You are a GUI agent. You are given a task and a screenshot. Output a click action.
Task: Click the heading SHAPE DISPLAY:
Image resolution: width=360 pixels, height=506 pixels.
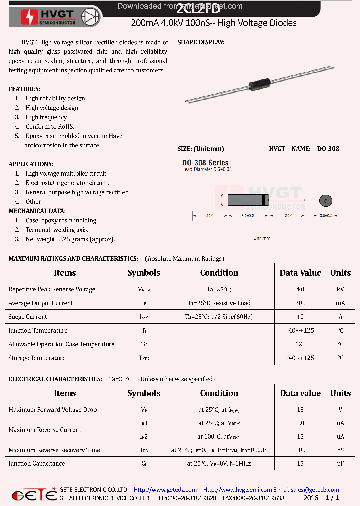201,43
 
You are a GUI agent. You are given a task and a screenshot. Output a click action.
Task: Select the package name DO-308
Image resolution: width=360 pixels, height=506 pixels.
328,149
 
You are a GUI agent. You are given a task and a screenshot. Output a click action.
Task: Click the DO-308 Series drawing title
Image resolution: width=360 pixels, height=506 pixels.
205,163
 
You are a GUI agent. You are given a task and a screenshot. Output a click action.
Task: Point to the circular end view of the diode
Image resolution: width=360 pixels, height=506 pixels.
325,201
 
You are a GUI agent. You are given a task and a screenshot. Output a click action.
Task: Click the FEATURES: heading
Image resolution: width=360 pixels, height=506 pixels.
24,89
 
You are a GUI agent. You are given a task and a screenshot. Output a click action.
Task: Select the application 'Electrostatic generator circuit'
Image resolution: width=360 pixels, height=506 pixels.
67,183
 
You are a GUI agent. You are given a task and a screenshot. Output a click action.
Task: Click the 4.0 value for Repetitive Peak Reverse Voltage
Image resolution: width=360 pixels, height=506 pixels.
300,289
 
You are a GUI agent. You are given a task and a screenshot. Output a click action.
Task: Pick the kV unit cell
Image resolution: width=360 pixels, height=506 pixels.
340,289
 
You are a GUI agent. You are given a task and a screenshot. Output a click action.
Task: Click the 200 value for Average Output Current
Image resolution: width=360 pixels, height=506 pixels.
300,303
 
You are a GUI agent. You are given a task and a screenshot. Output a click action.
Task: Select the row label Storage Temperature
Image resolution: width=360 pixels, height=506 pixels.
37,358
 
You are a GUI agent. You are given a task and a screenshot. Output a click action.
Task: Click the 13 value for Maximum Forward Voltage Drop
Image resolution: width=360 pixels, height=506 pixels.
300,410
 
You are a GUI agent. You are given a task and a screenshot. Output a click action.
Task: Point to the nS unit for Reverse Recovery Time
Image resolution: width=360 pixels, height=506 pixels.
340,450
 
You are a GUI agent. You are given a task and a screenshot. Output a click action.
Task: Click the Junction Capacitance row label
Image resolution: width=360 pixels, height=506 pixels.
36,464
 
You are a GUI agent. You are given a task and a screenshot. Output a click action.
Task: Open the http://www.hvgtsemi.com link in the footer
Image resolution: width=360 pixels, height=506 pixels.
237,490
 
